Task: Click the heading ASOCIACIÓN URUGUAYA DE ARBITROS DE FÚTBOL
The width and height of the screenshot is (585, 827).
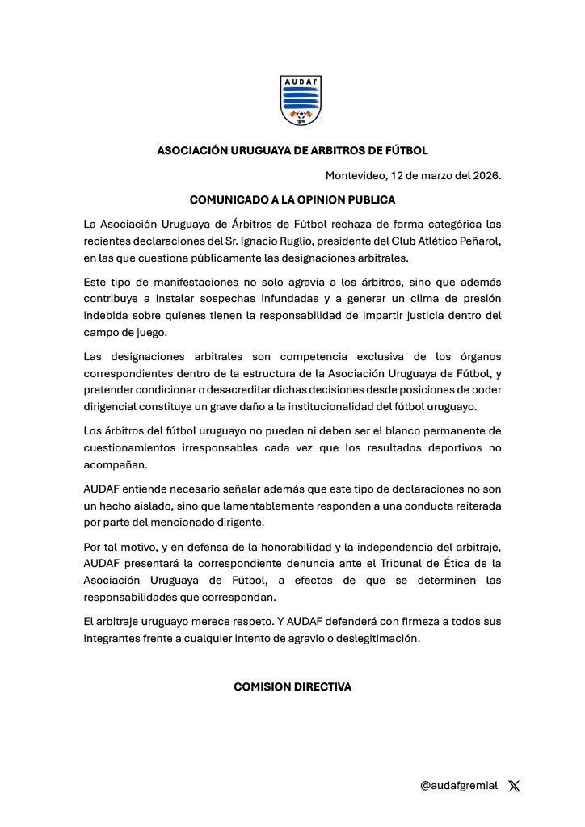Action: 292,150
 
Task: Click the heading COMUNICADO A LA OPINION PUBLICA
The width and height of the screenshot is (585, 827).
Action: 292,198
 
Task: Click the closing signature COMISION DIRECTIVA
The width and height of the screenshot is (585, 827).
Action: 292,686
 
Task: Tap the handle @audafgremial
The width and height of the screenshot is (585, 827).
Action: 458,785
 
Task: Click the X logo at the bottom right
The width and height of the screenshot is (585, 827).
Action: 515,786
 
